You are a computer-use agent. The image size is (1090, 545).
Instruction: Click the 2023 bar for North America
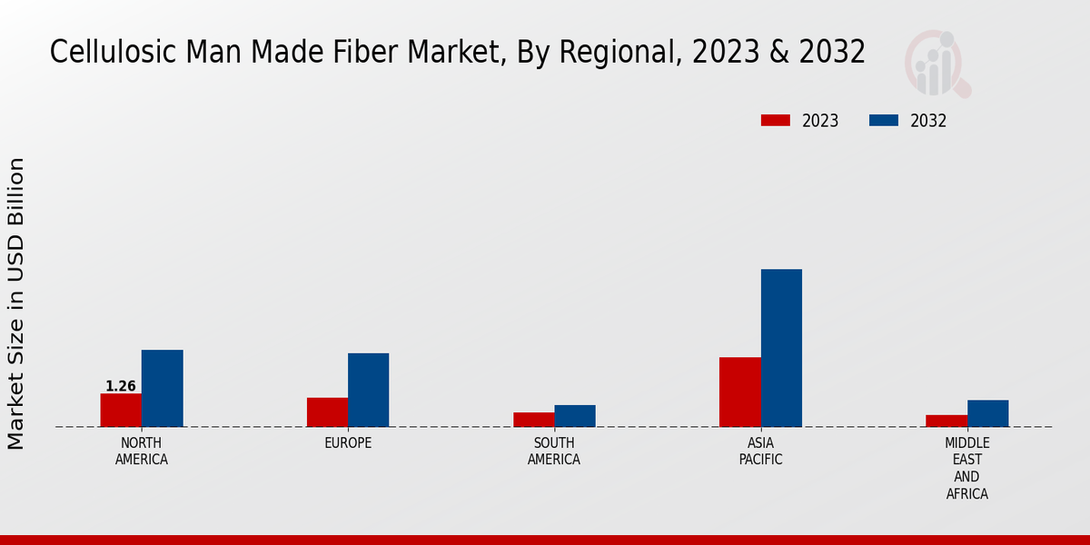pos(121,410)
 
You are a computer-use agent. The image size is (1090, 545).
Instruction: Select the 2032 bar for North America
pos(162,388)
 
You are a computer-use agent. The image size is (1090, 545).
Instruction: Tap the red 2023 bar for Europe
pos(327,412)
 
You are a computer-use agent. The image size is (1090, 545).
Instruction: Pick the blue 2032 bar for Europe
pos(368,390)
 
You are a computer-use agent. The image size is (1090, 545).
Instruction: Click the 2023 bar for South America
pos(533,420)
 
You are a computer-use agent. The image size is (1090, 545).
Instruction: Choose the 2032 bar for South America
pos(575,416)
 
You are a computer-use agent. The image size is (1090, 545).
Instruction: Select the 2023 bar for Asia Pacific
pos(740,391)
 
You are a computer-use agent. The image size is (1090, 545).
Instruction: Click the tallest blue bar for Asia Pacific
pos(781,348)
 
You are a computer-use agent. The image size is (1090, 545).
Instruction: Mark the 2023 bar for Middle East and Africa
pos(946,421)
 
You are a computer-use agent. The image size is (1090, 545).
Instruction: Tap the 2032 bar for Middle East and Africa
pos(987,413)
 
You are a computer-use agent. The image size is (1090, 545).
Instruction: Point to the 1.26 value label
pos(121,386)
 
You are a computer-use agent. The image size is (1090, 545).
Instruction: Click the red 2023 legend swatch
pos(776,121)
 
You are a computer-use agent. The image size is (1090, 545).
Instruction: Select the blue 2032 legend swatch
pos(884,121)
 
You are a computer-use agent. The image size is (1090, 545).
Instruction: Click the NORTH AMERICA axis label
pos(142,451)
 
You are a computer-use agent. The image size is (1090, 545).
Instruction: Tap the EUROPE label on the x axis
pos(348,443)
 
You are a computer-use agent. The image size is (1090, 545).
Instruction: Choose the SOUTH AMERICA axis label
pos(554,451)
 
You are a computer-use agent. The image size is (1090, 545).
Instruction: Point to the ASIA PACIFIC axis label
pos(761,451)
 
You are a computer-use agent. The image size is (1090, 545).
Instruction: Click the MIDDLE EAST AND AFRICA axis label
pos(967,469)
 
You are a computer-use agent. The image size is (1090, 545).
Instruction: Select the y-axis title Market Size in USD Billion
pos(16,303)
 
